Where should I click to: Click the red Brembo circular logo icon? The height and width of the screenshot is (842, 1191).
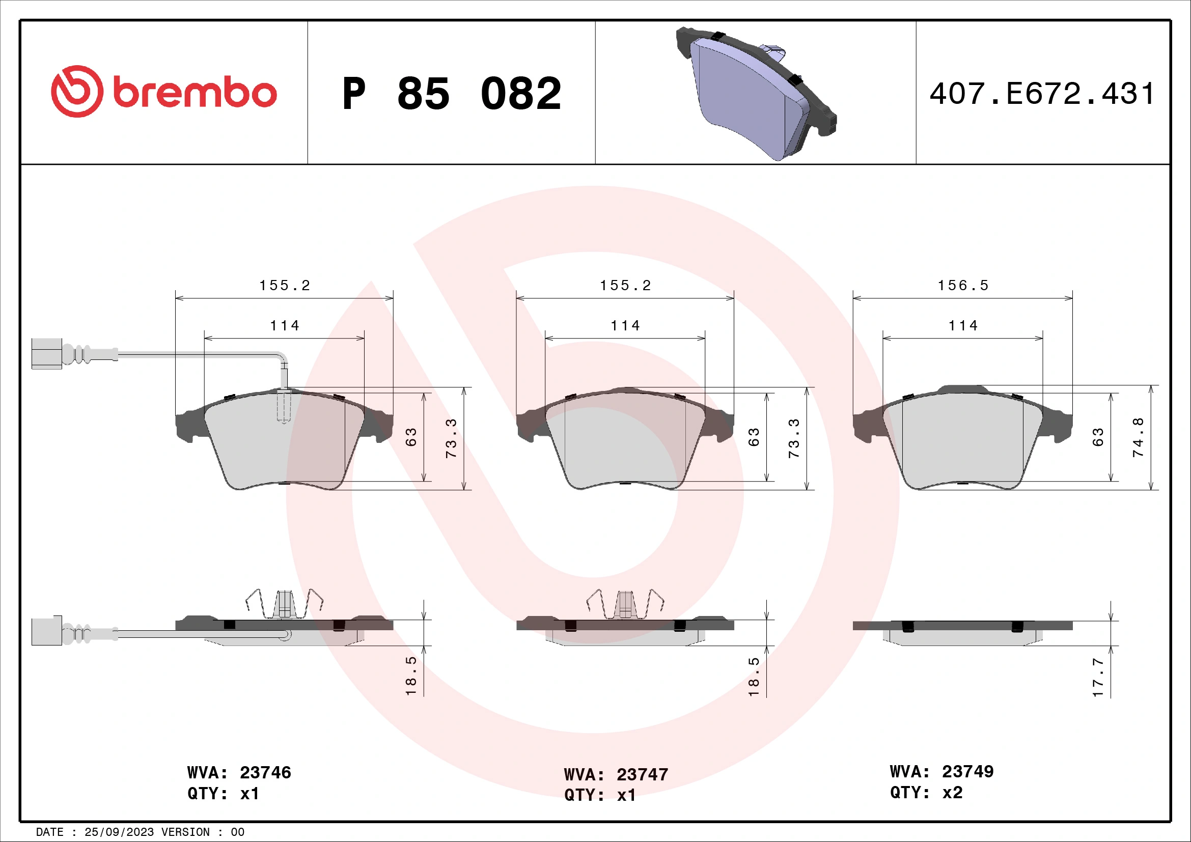point(77,91)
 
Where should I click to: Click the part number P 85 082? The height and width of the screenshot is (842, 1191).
point(451,94)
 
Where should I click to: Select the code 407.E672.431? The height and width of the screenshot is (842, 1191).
point(1042,94)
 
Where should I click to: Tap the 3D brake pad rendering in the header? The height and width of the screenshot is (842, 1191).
point(756,93)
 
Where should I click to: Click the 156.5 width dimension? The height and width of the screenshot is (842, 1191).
point(963,286)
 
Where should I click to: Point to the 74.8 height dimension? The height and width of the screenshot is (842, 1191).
point(1138,437)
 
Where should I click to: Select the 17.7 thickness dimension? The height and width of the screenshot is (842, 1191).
point(1098,677)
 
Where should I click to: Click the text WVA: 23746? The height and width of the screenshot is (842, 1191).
point(239,773)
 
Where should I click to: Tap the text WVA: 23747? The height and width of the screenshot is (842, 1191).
point(616,775)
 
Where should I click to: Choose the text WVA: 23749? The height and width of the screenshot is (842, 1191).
point(941,771)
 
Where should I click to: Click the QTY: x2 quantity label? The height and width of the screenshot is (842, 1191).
point(926,792)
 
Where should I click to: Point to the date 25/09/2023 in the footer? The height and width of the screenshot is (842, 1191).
point(119,832)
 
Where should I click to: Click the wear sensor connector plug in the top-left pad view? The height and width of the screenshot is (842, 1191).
point(47,354)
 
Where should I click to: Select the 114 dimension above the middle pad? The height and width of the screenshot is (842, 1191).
point(625,326)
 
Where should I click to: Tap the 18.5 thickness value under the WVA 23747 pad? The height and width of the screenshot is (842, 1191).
point(754,677)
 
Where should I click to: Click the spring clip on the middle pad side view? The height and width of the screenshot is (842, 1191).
point(625,605)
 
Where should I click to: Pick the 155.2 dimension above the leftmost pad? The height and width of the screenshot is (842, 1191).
point(284,286)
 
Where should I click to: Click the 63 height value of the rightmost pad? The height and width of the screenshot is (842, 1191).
point(1098,437)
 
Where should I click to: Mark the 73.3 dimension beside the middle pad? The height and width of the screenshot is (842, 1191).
point(794,438)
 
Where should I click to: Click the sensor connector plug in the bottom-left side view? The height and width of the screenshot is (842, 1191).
point(47,631)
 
